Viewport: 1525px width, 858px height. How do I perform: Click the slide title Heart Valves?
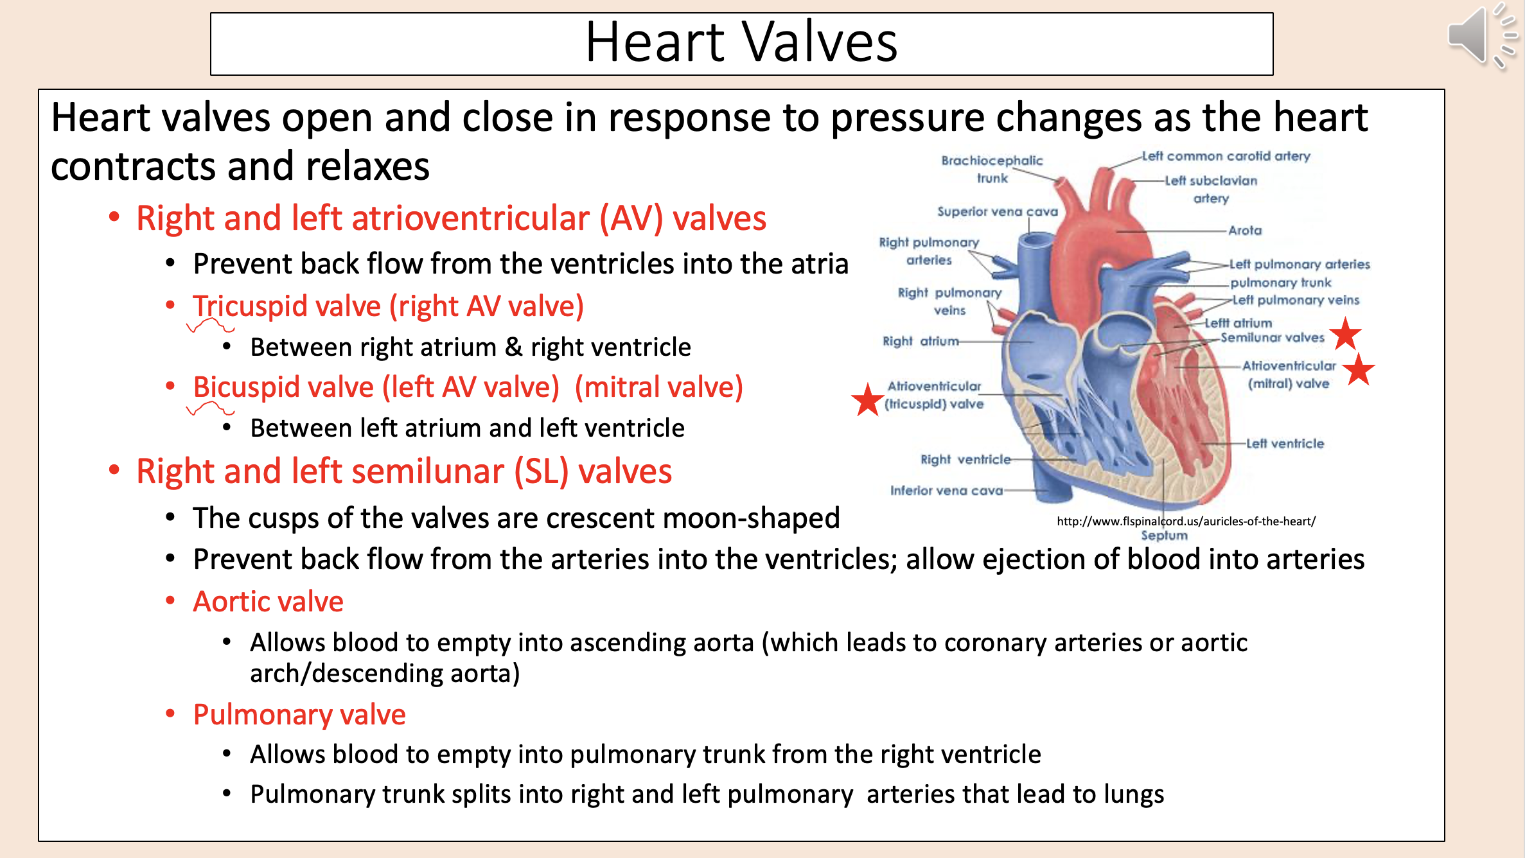pos(741,42)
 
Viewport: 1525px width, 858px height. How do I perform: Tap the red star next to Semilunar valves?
pos(1345,333)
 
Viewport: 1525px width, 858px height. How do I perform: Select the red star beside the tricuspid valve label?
pos(867,399)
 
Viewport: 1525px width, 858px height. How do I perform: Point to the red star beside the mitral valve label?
pos(1358,369)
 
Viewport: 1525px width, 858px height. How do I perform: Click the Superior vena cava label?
pos(997,211)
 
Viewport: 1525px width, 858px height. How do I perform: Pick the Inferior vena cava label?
pos(946,491)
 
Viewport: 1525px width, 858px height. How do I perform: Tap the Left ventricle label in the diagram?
pos(1285,443)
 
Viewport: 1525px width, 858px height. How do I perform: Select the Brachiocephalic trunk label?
pos(992,169)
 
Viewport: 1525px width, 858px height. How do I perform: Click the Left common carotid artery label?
pos(1226,156)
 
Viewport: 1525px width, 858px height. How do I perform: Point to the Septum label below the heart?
pos(1164,535)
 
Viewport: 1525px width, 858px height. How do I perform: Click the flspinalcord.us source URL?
pos(1186,521)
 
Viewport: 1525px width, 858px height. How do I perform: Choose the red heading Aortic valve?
pos(269,602)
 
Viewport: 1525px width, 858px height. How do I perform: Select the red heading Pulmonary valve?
pos(299,714)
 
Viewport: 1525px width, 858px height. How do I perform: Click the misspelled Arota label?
pos(1245,230)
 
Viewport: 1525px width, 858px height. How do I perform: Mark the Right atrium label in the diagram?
pos(920,341)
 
